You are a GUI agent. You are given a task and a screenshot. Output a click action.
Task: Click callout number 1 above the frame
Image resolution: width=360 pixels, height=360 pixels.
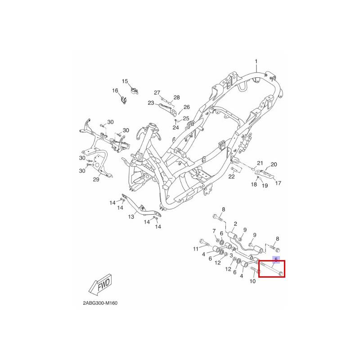click(256, 62)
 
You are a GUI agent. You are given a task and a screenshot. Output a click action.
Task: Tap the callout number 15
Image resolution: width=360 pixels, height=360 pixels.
click(125, 81)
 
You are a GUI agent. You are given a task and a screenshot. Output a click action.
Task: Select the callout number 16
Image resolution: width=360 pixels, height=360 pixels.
click(115, 91)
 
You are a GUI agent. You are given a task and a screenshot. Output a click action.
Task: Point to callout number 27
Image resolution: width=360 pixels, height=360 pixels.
click(157, 93)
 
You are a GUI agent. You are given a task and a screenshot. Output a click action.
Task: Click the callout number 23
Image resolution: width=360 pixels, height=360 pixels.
click(151, 103)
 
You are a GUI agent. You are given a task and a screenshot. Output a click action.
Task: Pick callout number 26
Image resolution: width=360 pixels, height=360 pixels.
click(186, 107)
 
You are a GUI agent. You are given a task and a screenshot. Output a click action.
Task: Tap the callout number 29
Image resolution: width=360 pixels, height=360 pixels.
click(96, 180)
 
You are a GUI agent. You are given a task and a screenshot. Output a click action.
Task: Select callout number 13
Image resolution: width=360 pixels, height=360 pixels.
click(131, 216)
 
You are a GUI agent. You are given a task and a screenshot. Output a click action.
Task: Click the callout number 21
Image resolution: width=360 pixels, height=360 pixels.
click(260, 163)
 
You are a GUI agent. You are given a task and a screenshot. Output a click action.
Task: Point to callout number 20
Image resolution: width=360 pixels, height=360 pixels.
click(274, 165)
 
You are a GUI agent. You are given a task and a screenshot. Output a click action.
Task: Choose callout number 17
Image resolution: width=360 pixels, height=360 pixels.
click(278, 183)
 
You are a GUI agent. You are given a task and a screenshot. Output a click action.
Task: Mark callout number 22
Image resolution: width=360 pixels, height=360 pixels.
click(231, 176)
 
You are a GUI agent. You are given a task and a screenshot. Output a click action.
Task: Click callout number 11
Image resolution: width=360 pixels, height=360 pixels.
click(196, 249)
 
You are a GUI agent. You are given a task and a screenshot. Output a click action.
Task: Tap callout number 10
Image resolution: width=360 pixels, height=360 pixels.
click(252, 281)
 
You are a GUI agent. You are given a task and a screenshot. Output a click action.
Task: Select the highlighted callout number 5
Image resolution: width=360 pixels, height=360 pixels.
click(276, 260)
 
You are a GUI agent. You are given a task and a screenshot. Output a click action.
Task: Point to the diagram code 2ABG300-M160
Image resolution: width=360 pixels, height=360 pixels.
click(100, 303)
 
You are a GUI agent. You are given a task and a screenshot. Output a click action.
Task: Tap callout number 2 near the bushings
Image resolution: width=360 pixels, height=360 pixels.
click(235, 224)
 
